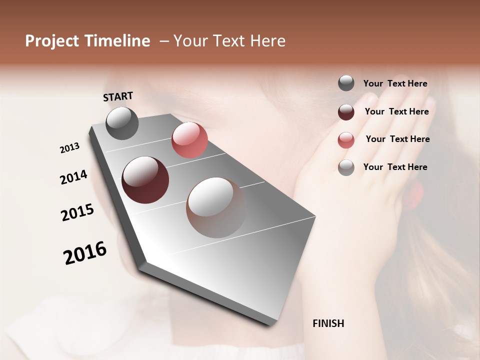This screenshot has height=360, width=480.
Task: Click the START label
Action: point(118,96)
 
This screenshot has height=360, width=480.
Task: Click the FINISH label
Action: point(328,323)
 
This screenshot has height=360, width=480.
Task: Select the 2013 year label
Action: point(69,148)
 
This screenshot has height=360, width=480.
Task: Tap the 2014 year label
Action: point(73,177)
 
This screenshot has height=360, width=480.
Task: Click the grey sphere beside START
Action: point(122,123)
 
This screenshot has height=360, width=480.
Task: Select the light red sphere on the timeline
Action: point(189,140)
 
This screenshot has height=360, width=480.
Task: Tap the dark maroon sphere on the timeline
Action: point(145,180)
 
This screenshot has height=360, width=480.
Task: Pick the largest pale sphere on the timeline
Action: point(216,207)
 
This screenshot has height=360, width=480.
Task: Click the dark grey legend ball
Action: point(346,83)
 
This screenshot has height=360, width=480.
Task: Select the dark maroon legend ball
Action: point(346,111)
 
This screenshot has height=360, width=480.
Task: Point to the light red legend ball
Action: point(346,139)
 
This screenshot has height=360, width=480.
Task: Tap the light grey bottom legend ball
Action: point(346,167)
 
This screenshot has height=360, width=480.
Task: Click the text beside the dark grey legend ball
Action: point(395,83)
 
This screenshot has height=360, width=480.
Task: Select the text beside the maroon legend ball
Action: point(396,111)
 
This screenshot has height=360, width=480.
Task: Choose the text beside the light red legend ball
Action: point(397,139)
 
